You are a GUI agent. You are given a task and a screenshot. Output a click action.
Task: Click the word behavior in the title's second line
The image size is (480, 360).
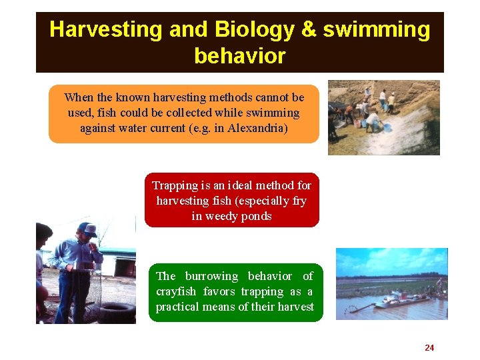pos(239,56)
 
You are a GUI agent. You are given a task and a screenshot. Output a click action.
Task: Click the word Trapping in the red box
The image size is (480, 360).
pos(175,185)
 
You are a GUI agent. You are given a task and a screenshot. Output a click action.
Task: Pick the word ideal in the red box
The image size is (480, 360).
pos(246,185)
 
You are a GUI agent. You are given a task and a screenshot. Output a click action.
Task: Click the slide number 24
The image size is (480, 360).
pos(429,347)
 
